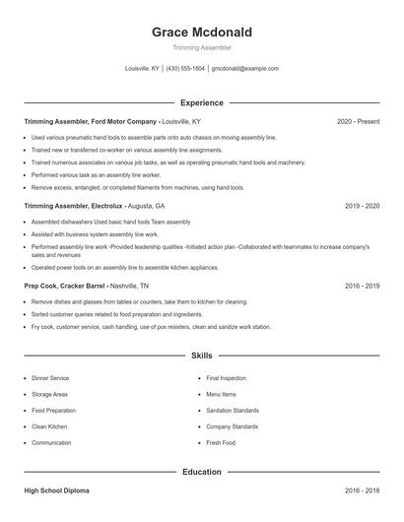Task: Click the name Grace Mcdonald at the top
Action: click(x=201, y=32)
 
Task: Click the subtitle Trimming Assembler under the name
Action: click(x=201, y=47)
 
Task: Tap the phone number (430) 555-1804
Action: click(x=185, y=69)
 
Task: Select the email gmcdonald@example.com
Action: click(x=246, y=69)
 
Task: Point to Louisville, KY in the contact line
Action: click(x=142, y=69)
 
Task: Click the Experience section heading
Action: click(x=202, y=102)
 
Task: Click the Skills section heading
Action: click(x=202, y=355)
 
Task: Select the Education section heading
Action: click(x=202, y=472)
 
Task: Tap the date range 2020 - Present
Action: click(x=358, y=121)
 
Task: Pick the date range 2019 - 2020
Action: click(x=363, y=207)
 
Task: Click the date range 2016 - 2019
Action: click(x=363, y=285)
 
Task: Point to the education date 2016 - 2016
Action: click(x=363, y=489)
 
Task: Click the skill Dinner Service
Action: click(x=50, y=378)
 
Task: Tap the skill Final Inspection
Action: click(x=226, y=378)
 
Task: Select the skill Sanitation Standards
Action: click(x=233, y=410)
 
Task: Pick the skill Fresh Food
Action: click(x=221, y=443)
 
